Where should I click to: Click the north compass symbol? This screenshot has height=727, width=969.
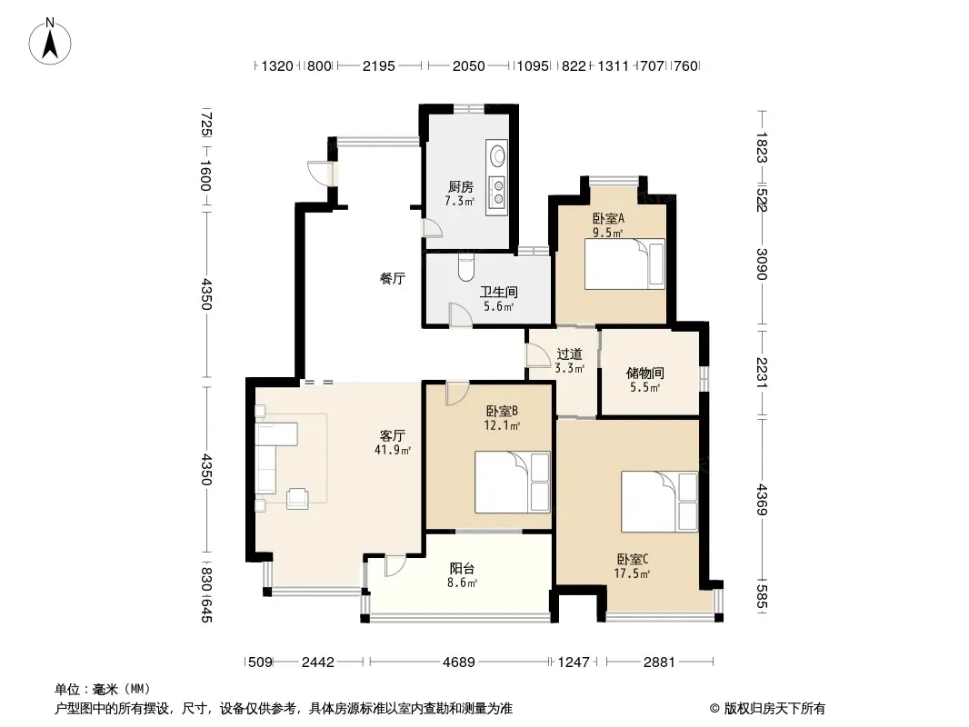(50, 42)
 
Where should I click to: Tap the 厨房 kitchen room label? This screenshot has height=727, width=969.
(460, 186)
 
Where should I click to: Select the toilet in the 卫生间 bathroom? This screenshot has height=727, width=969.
(466, 267)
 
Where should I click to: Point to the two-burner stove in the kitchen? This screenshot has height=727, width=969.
(497, 192)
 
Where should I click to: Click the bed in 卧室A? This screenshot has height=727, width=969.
(624, 264)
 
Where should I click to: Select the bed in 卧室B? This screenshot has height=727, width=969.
(513, 483)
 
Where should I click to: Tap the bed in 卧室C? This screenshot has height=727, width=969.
(659, 502)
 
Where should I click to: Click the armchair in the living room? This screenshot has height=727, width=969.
(297, 498)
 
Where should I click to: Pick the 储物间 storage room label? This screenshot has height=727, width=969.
(644, 373)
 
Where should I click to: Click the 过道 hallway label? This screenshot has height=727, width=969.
(569, 354)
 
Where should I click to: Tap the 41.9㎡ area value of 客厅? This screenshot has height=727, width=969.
(393, 450)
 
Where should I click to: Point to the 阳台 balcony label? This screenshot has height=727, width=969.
(462, 568)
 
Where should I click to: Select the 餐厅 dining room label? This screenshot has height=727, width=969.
(393, 279)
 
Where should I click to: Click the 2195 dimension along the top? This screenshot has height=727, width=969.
(378, 66)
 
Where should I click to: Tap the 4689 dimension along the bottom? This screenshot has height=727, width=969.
(458, 662)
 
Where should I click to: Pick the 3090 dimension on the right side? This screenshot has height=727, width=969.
(762, 264)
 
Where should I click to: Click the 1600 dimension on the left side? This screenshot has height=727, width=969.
(206, 176)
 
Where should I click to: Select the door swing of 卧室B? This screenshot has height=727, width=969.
(457, 394)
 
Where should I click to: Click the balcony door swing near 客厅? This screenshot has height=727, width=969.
(395, 566)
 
